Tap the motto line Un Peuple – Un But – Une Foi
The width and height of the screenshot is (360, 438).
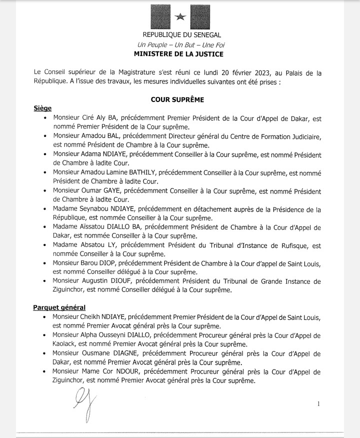[180, 44]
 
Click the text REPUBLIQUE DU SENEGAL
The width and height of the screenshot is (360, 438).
[180, 35]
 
